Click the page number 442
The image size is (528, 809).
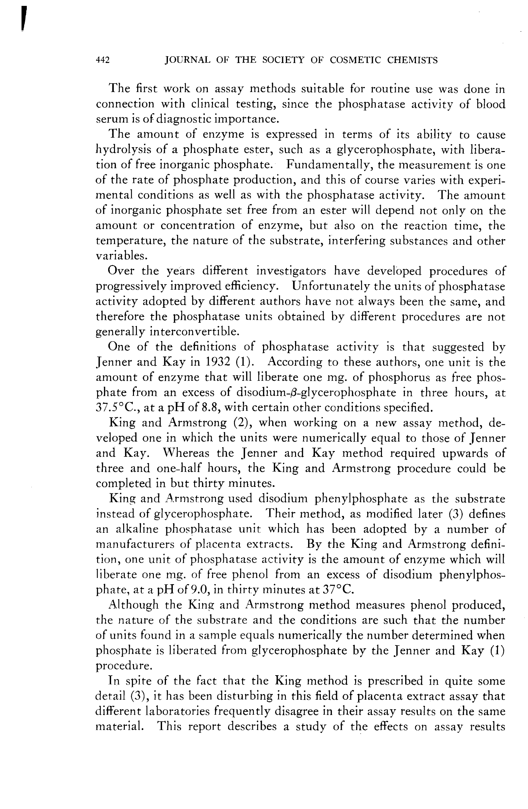coord(103,60)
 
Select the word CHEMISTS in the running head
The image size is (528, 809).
coord(412,60)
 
